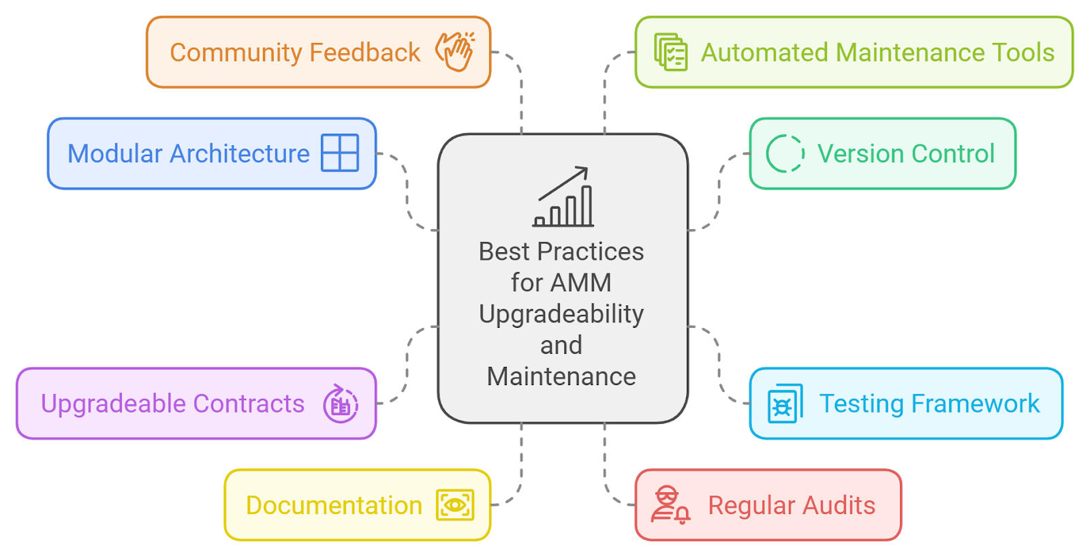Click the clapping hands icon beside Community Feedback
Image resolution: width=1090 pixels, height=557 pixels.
coord(455,51)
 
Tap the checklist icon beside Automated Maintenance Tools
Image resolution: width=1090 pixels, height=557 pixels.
coord(671,52)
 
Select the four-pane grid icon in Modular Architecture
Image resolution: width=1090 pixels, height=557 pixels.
coord(340,153)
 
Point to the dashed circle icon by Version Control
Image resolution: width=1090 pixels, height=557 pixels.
coord(785,153)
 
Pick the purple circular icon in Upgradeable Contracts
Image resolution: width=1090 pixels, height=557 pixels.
coord(341,404)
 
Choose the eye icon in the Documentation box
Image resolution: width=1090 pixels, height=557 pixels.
coord(454,505)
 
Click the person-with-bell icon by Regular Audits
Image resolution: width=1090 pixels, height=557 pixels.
coord(670,505)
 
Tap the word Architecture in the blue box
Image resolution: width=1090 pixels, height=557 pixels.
coord(240,154)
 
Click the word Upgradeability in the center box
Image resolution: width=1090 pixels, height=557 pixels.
coord(561,314)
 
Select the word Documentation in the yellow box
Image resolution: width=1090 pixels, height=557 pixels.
coord(334,506)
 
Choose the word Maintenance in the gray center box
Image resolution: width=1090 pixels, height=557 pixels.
coord(561,376)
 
